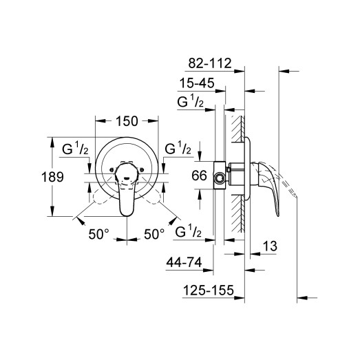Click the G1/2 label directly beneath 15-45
click(x=192, y=103)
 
